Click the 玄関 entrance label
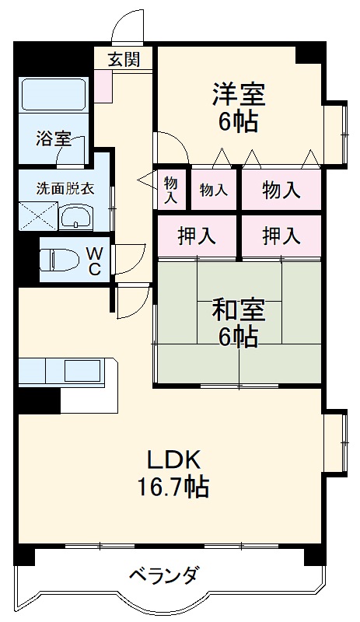(x=124, y=58)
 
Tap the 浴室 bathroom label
(x=53, y=139)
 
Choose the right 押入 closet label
(x=281, y=236)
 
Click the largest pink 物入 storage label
(x=281, y=190)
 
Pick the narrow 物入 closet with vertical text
(x=170, y=189)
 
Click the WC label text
(x=93, y=260)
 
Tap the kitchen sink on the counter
(x=81, y=369)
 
